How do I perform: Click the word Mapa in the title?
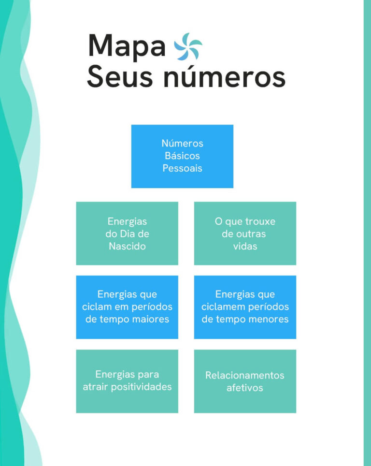127,46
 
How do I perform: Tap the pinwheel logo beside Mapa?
188,47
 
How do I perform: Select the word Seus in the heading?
120,77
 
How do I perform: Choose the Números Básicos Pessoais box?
183,156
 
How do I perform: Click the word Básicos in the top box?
183,156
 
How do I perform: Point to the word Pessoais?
183,168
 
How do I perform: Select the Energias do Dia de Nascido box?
127,233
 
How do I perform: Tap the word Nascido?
127,246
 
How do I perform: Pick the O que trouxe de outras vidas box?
245,233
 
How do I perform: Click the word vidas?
245,246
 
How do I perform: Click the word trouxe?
260,221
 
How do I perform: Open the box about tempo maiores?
127,307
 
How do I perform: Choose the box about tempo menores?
245,307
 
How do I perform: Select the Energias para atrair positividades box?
127,381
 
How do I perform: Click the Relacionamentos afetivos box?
245,381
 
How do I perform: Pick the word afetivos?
245,388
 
